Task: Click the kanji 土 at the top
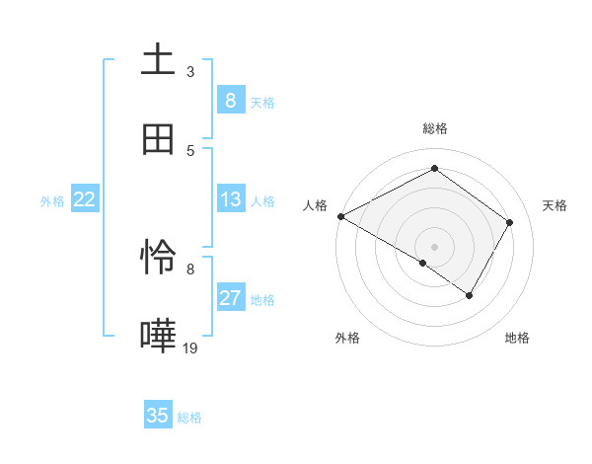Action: pyautogui.click(x=158, y=59)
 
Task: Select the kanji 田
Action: pyautogui.click(x=158, y=139)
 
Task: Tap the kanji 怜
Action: pyautogui.click(x=158, y=258)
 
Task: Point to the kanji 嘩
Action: pyautogui.click(x=158, y=337)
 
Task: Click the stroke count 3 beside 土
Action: pyautogui.click(x=190, y=71)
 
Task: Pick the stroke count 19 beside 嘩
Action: pyautogui.click(x=190, y=348)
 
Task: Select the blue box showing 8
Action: pyautogui.click(x=230, y=100)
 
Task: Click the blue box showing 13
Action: pyautogui.click(x=230, y=199)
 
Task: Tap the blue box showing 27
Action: pyautogui.click(x=230, y=298)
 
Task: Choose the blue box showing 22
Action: pyautogui.click(x=85, y=199)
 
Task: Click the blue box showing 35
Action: pyautogui.click(x=158, y=416)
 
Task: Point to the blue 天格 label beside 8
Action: pyautogui.click(x=262, y=102)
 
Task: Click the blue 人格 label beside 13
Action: pyautogui.click(x=262, y=201)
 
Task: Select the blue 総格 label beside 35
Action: pyautogui.click(x=190, y=418)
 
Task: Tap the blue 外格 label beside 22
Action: pyautogui.click(x=52, y=201)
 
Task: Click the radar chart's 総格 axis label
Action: pyautogui.click(x=435, y=128)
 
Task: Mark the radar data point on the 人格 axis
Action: pyautogui.click(x=340, y=215)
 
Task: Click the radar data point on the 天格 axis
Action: pyautogui.click(x=510, y=222)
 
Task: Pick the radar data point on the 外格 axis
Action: pyautogui.click(x=423, y=263)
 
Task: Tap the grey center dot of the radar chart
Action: pyautogui.click(x=435, y=246)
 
